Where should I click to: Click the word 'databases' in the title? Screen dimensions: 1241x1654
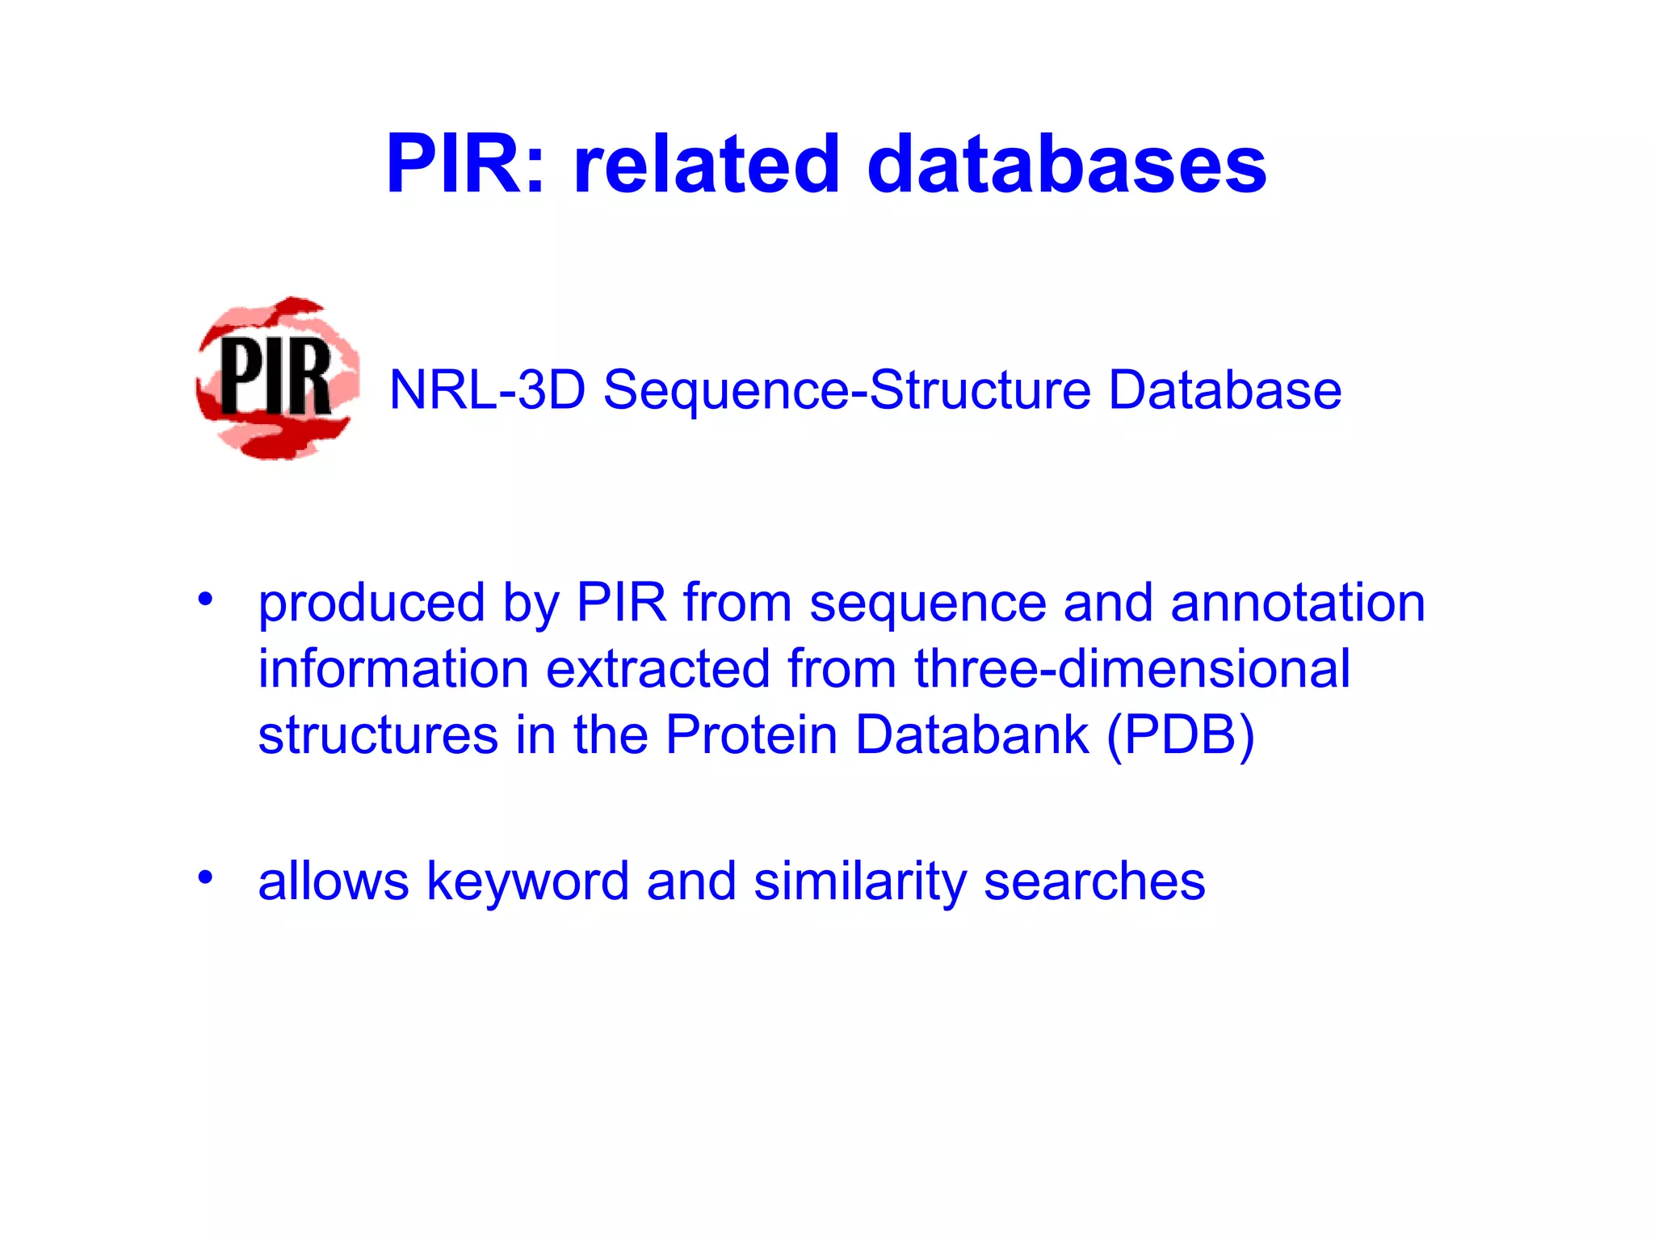point(1066,165)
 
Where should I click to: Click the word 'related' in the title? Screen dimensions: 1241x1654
point(707,165)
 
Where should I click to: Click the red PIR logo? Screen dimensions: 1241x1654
point(277,378)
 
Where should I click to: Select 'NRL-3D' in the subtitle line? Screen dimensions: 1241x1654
point(487,390)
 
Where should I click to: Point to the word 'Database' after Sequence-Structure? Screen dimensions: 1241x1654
point(1224,390)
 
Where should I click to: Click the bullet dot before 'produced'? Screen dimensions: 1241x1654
point(205,599)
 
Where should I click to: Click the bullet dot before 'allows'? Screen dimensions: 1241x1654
point(205,877)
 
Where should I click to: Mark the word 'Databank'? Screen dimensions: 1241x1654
point(972,735)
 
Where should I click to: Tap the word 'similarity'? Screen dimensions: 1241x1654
point(859,882)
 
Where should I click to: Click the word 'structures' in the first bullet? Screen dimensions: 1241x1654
point(378,735)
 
